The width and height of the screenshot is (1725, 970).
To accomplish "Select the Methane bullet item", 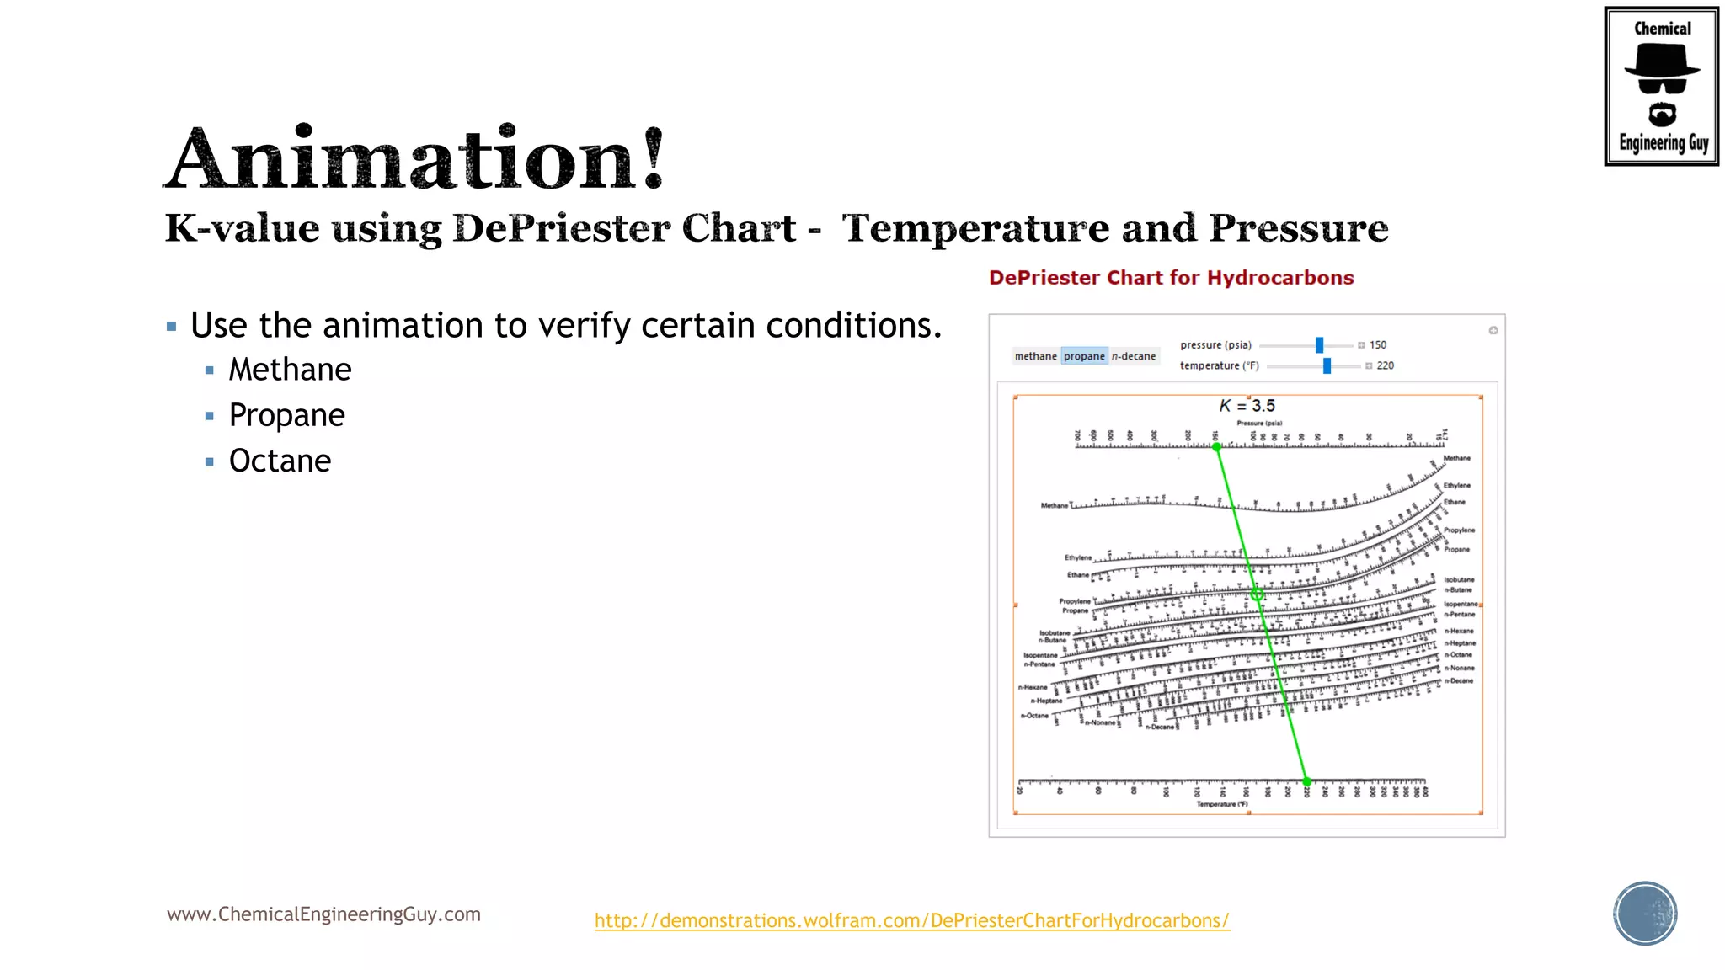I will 290,370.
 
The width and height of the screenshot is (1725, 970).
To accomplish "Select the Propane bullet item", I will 286,415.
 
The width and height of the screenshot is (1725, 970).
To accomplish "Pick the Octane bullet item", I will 280,461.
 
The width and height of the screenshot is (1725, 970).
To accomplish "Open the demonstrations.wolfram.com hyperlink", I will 911,920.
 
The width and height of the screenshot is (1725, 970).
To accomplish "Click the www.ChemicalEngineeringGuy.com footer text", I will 323,914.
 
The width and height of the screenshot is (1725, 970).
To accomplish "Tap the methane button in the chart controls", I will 1035,356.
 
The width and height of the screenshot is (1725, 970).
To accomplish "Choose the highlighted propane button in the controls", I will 1084,356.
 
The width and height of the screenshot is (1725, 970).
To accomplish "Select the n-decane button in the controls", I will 1134,356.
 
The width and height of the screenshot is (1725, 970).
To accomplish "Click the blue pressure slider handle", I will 1319,345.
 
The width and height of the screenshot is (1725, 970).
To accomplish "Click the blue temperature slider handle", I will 1327,365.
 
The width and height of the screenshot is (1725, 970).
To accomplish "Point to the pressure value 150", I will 1378,345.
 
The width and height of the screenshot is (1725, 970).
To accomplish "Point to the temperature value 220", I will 1386,365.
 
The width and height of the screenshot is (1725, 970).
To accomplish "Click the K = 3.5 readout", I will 1247,406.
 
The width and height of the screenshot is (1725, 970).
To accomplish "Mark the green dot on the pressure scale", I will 1216,447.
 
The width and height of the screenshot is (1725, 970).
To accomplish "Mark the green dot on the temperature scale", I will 1306,781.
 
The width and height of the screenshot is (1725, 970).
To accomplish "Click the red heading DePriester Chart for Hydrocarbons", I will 1171,278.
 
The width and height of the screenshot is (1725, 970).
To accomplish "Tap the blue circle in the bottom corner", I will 1645,914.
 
